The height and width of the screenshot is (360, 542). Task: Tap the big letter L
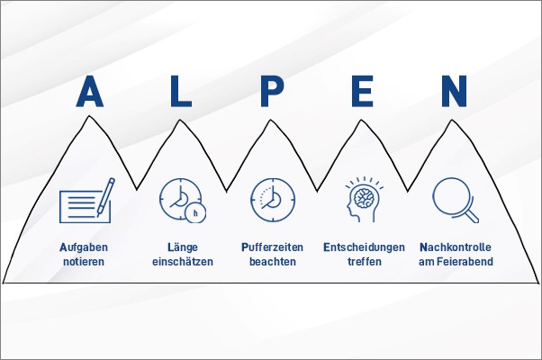[180, 91]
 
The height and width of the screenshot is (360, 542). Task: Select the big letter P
[272, 91]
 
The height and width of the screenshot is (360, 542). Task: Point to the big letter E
[362, 91]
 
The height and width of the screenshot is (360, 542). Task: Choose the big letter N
[454, 91]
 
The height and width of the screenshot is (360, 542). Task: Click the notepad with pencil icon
[86, 201]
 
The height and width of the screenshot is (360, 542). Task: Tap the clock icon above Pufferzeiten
[273, 200]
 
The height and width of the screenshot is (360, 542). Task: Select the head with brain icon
[364, 199]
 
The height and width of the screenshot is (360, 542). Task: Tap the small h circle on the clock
[195, 212]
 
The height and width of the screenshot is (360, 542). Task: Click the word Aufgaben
[84, 247]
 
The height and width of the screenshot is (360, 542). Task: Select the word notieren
[84, 262]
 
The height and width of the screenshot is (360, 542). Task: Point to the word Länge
[183, 247]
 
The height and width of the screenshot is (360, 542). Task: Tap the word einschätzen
[183, 262]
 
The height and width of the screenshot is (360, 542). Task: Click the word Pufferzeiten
[273, 247]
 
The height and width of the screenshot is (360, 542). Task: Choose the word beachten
[273, 262]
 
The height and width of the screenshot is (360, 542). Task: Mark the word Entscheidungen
[364, 247]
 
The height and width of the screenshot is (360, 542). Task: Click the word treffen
[365, 262]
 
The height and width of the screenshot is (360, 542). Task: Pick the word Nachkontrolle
[456, 247]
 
